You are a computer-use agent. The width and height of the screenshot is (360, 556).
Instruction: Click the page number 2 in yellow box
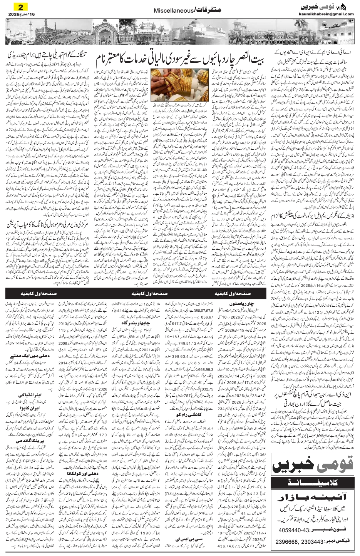click(x=18, y=7)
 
